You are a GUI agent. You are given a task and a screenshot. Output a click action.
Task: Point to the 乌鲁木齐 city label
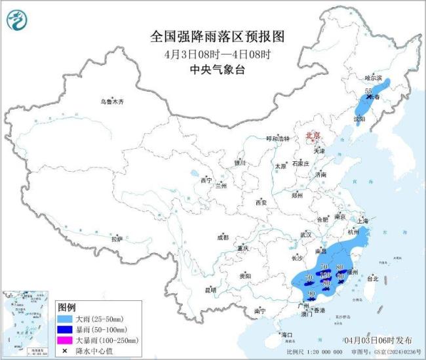tap(112, 102)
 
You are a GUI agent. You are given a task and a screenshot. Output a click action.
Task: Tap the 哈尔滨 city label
tap(373, 77)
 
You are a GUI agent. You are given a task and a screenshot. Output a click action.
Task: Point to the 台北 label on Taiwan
tap(372, 278)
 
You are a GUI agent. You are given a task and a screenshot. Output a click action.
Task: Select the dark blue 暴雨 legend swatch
tap(66, 329)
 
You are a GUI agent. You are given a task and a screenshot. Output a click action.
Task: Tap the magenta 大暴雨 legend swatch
tap(66, 340)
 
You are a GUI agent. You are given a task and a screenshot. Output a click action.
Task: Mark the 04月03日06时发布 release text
tap(378, 340)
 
